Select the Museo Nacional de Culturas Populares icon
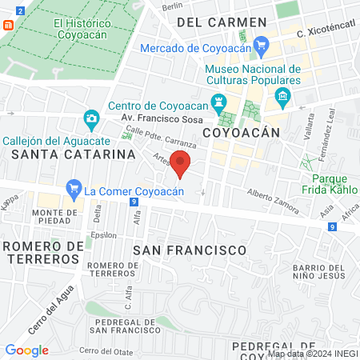(282, 98)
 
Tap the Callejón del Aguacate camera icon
(92, 120)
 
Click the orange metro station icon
(8, 24)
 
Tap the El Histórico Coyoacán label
(80, 30)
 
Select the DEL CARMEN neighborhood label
(222, 22)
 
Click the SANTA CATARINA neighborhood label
(66, 153)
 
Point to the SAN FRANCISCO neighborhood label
(189, 250)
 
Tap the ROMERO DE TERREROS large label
(41, 251)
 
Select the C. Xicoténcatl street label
(324, 33)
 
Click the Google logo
(27, 350)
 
